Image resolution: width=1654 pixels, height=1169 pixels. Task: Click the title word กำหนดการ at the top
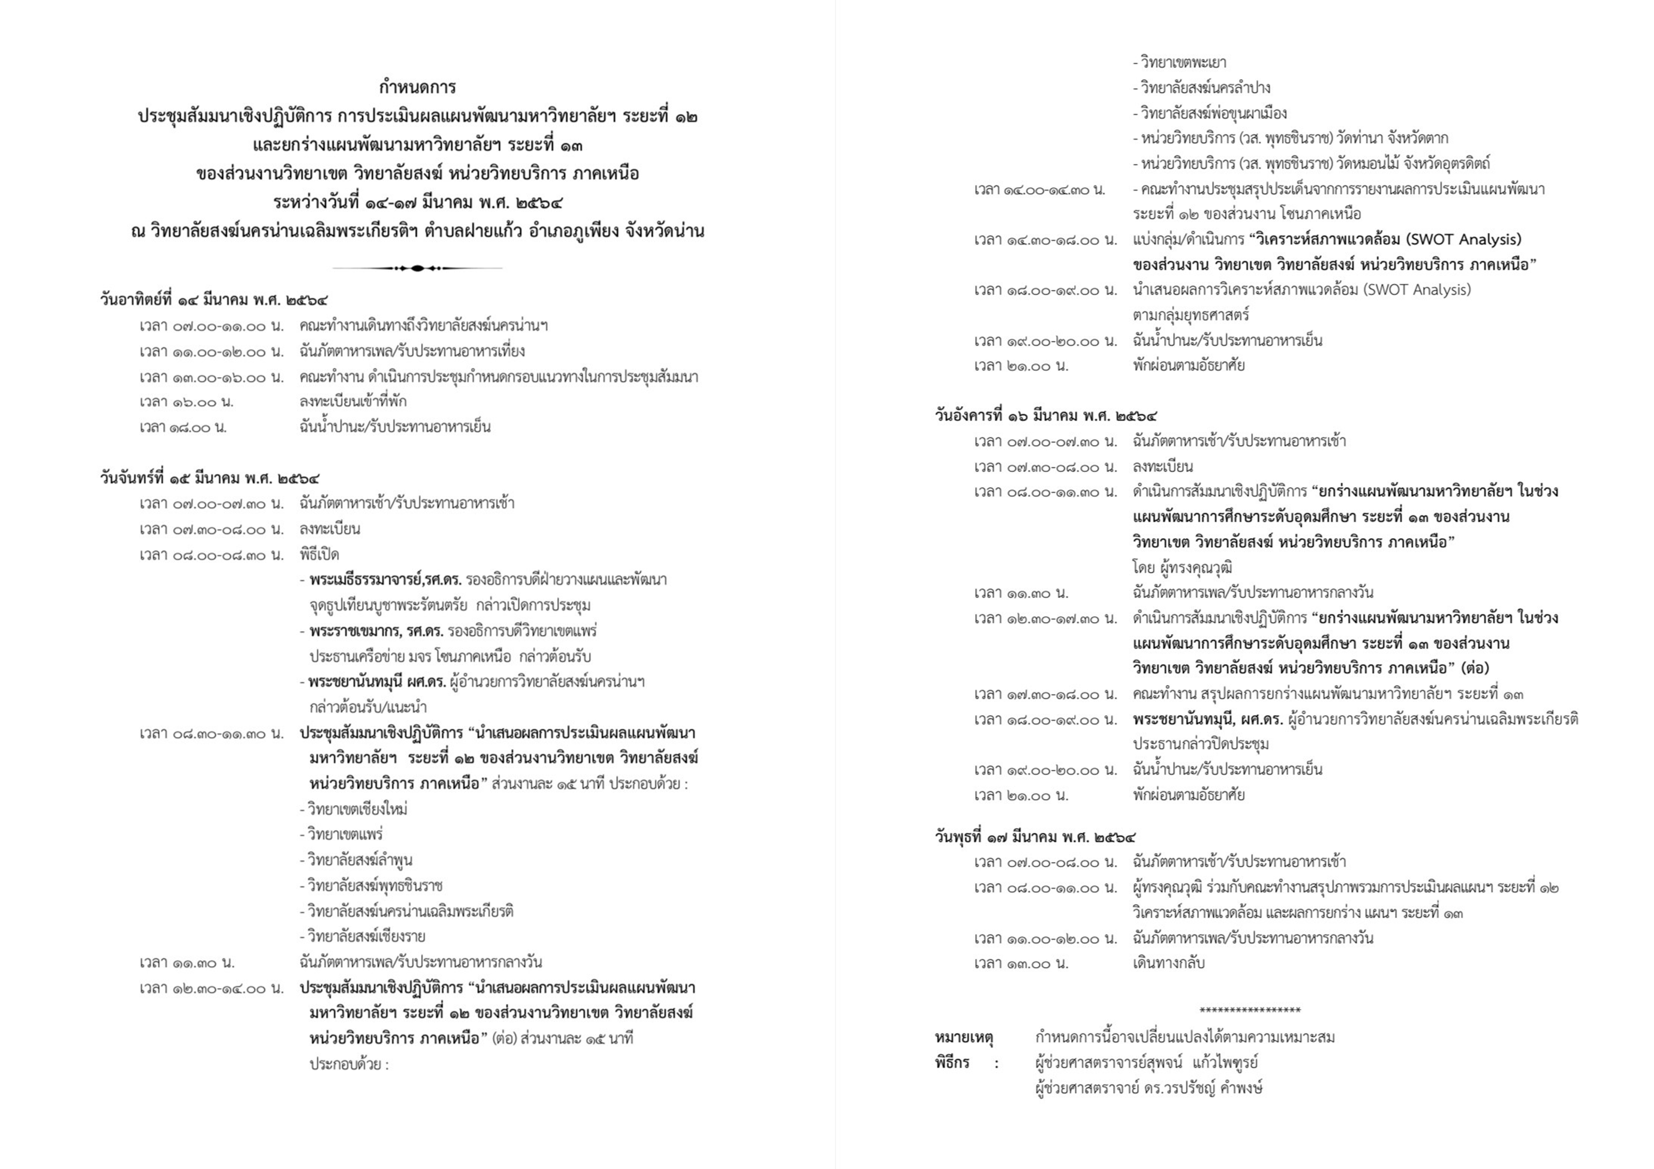[417, 88]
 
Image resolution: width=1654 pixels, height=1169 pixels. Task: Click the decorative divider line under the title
[417, 268]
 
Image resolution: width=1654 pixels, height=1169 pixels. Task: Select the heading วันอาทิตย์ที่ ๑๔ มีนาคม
[214, 300]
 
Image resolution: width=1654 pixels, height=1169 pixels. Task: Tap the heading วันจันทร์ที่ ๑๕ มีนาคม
[210, 477]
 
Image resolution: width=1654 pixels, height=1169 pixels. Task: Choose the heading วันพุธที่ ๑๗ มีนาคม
[1035, 837]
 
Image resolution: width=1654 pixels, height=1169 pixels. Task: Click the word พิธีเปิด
[319, 555]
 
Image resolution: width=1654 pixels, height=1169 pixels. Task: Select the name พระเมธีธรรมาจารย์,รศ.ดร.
[385, 580]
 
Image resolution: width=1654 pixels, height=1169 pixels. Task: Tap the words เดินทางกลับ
[1168, 963]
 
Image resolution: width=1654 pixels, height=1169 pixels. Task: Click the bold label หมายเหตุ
[964, 1038]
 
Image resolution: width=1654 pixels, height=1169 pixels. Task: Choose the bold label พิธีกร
[952, 1063]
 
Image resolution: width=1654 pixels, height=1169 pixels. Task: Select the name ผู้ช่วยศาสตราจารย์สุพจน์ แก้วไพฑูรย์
[1146, 1063]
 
